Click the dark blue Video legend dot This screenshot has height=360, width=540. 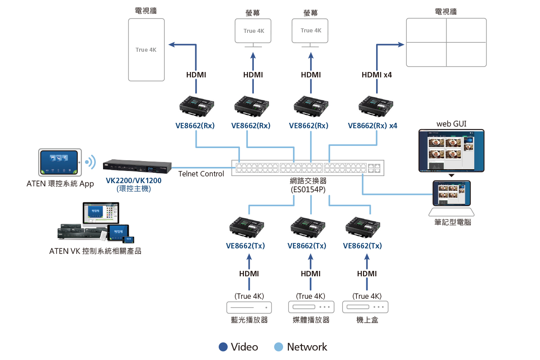tap(223, 347)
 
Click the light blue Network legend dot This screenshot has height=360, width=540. tap(279, 347)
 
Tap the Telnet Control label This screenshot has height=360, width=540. tap(201, 174)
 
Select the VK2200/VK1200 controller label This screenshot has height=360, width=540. tap(134, 180)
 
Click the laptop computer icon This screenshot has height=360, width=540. tap(451, 198)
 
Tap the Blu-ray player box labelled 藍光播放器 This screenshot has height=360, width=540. tap(249, 307)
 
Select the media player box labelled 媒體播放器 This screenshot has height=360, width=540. tap(311, 307)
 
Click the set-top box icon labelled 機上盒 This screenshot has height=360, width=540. tap(365, 307)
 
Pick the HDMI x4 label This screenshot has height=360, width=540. tap(377, 75)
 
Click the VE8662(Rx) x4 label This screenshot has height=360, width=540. tap(373, 126)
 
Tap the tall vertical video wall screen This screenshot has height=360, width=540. tap(146, 49)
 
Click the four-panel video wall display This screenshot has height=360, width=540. tap(446, 43)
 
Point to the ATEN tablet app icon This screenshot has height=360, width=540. tap(60, 162)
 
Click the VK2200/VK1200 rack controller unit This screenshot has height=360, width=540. tap(137, 167)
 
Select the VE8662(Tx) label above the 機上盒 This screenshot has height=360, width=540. tap(362, 246)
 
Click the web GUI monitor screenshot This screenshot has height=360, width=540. tap(451, 151)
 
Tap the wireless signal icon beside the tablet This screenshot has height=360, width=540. tap(91, 162)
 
